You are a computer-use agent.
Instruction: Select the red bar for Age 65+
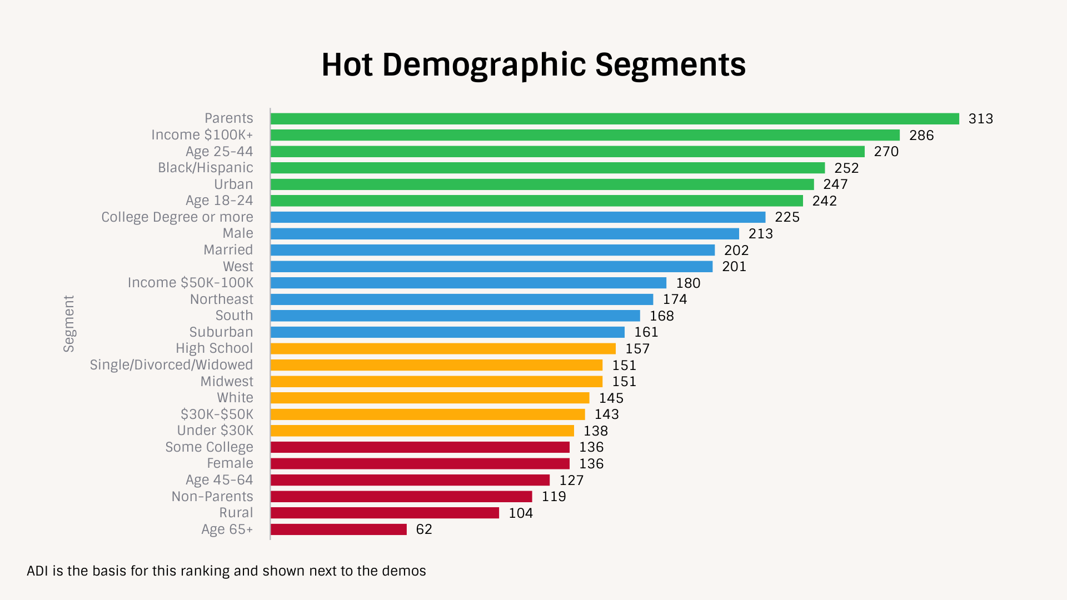point(338,529)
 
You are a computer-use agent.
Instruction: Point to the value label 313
point(980,119)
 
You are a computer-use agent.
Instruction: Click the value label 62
point(423,529)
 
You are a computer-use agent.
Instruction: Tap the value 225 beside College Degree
point(787,217)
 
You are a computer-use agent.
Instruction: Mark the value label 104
point(520,513)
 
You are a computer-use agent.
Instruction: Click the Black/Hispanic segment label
point(205,168)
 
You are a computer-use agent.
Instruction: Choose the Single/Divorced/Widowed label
point(171,365)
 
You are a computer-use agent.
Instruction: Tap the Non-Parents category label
point(212,497)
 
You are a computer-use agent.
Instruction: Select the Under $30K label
point(215,431)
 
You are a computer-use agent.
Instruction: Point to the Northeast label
point(221,299)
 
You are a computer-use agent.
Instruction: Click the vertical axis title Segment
point(68,323)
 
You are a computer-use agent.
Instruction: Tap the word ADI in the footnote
point(37,571)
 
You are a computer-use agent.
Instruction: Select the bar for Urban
point(542,184)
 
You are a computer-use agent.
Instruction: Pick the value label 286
point(921,136)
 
